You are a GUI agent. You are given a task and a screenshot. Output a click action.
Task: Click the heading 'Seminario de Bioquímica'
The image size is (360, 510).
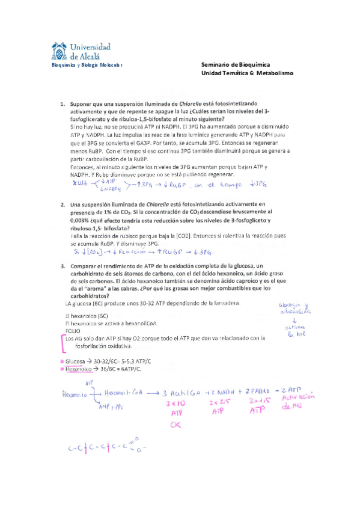[x=235, y=64]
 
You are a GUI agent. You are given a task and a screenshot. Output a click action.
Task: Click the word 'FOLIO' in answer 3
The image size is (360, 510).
[x=72, y=331]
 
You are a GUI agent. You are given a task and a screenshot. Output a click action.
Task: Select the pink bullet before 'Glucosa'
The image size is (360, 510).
[x=61, y=361]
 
